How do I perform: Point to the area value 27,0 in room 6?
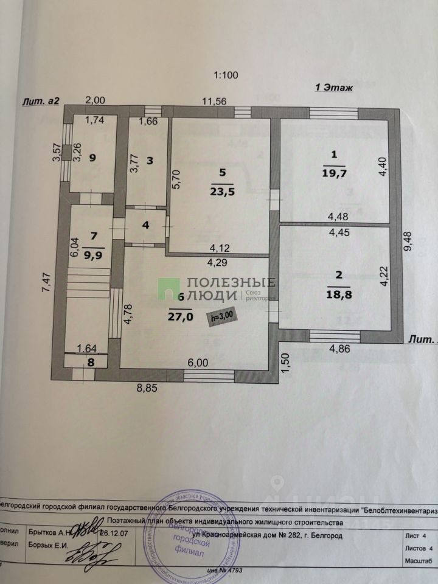(180, 317)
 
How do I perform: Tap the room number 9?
(92, 158)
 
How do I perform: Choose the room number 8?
(91, 361)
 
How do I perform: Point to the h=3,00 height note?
(221, 316)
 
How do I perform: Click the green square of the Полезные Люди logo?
(170, 288)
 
